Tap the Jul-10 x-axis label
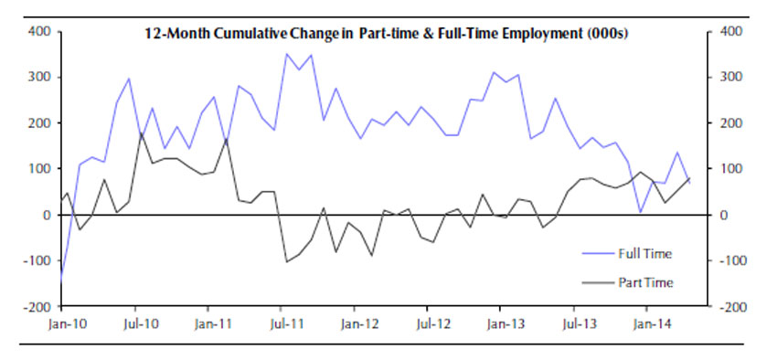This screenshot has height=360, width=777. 135,323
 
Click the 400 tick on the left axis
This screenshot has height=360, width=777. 40,31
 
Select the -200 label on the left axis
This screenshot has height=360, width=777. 38,307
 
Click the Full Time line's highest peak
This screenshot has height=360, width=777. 286,54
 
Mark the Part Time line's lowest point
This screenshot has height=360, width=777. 286,262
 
